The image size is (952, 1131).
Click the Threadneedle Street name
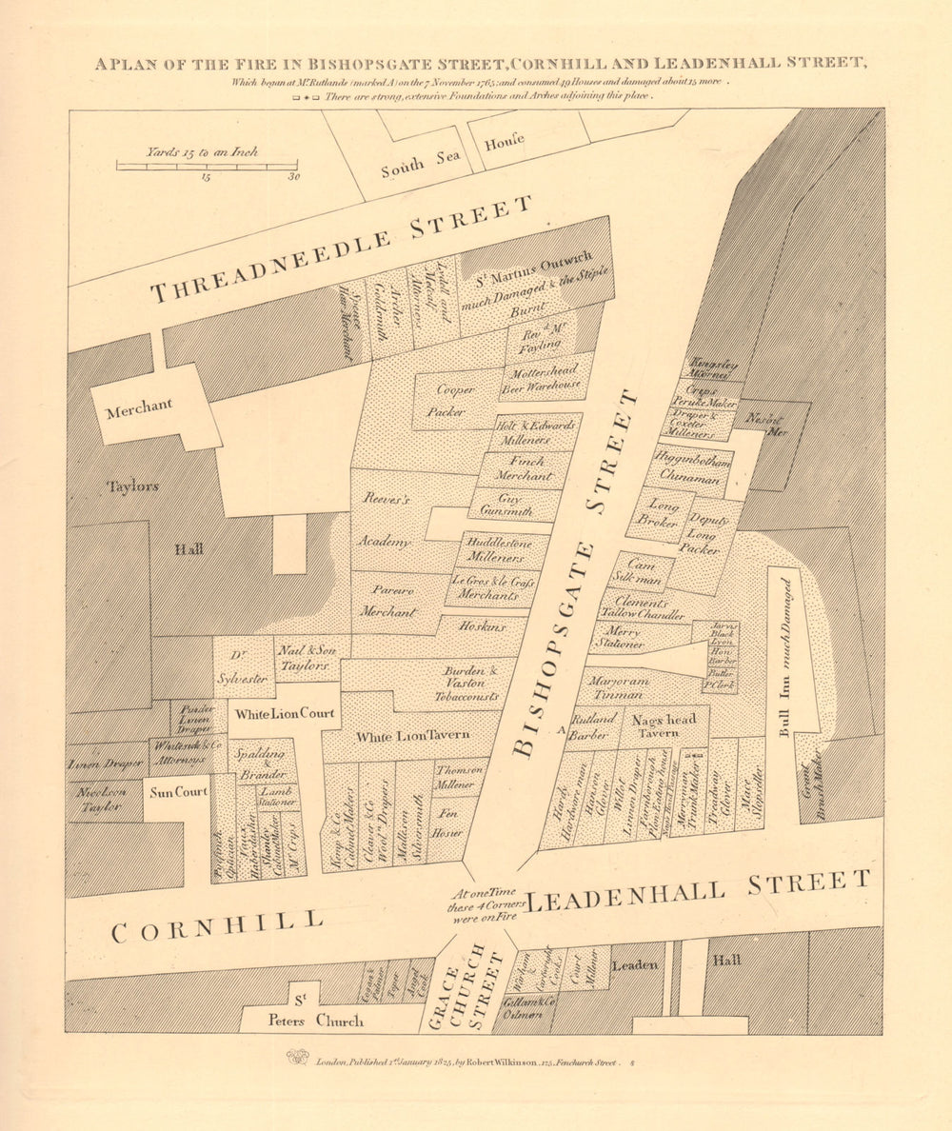tap(343, 249)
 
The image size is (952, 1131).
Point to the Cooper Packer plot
tap(454, 400)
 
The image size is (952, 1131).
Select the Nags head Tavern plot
tap(664, 726)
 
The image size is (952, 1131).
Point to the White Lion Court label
tap(282, 714)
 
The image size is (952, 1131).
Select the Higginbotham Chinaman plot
tap(692, 469)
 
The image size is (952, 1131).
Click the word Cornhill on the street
tap(216, 924)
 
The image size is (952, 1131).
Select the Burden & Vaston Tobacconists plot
tap(464, 683)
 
